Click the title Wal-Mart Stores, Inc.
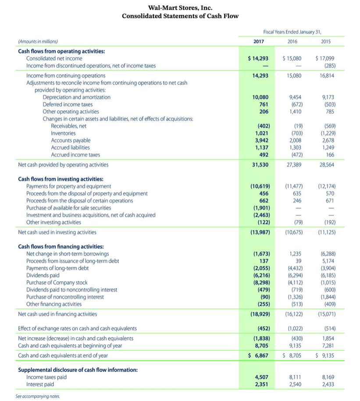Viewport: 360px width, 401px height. pos(180,8)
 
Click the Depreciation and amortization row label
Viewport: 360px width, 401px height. pos(76,97)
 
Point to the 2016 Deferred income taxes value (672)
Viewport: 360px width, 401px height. pos(297,104)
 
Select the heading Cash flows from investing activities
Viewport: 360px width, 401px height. pos(61,179)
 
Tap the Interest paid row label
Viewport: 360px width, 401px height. pos(40,384)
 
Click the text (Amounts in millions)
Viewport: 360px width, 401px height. pos(38,42)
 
